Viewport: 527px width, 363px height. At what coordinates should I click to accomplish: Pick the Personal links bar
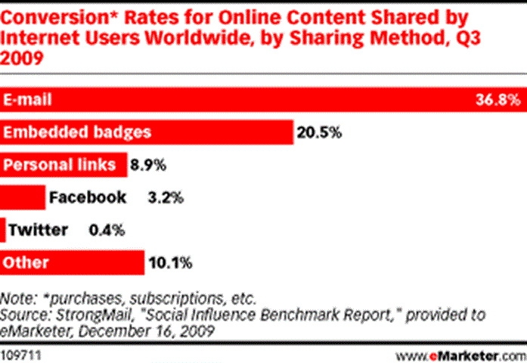(64, 165)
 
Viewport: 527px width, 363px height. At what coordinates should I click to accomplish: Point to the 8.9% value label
(147, 165)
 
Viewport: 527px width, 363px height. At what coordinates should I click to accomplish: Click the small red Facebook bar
(23, 198)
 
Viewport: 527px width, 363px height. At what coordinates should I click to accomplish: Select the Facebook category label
(87, 198)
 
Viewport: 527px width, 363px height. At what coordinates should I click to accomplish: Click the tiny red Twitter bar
(4, 230)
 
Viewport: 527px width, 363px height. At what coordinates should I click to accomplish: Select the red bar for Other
(73, 263)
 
